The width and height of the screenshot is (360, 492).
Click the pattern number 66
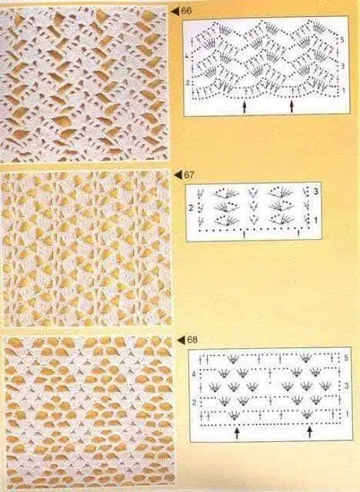point(186,11)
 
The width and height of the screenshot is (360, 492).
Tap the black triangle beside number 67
point(178,175)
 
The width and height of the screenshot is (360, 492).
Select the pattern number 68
point(192,340)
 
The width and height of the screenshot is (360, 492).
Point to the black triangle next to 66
point(175,12)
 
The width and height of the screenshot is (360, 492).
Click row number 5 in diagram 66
point(342,40)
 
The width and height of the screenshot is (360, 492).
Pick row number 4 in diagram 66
point(186,57)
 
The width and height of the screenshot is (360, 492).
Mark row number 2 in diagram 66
point(188,83)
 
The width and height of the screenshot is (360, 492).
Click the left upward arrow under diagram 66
point(244,107)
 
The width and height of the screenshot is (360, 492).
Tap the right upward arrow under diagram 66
point(292,106)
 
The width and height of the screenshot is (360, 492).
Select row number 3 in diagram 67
point(315,191)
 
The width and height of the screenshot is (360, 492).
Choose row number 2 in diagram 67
point(191,208)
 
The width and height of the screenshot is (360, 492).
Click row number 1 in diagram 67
point(315,221)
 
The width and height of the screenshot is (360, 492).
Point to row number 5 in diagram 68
point(346,358)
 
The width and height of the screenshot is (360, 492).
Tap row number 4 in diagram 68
point(194,374)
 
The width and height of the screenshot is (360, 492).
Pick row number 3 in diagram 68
point(346,385)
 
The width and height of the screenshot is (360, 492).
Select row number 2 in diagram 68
point(195,403)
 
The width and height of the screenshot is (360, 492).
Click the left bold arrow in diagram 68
point(237,433)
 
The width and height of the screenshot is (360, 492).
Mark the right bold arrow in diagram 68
point(310,432)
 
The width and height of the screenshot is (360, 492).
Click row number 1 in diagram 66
point(343,90)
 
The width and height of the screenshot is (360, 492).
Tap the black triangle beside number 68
point(181,340)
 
